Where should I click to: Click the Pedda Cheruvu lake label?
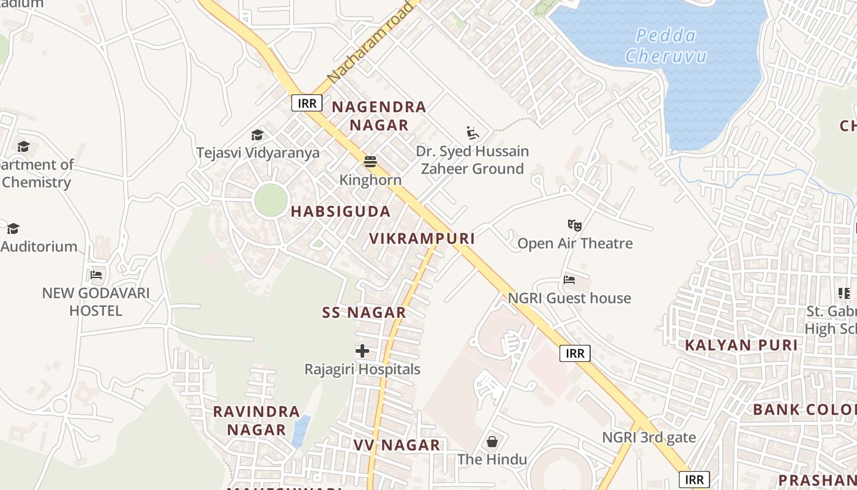666,46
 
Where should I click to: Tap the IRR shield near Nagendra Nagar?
307,103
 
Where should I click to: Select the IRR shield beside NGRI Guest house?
575,353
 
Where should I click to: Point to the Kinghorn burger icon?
370,162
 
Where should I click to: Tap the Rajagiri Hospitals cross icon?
362,351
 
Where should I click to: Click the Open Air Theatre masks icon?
574,225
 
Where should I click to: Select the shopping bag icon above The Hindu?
492,442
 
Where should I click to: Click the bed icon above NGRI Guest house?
569,281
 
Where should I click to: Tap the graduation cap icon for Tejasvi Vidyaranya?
258,135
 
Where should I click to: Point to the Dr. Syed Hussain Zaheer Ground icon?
472,133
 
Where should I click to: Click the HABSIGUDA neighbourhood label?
340,212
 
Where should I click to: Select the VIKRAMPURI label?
422,239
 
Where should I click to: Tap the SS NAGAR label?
364,312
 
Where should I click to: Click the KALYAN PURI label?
741,345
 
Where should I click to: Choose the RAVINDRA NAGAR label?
256,420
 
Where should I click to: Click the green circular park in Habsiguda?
271,200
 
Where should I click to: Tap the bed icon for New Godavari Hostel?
96,275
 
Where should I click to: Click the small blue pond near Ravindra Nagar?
301,431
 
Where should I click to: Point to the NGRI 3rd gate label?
649,437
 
